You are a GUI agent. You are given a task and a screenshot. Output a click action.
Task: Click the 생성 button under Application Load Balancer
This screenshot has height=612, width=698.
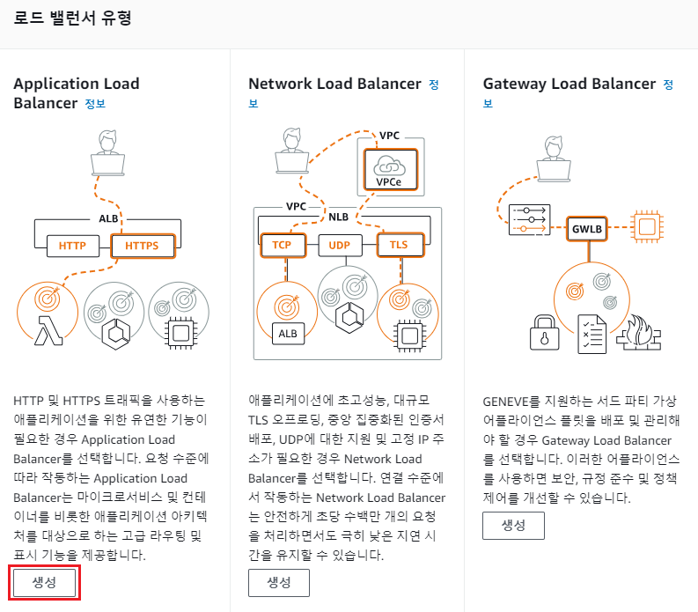click(45, 583)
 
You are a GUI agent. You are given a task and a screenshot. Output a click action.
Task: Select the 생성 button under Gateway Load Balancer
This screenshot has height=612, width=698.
click(513, 525)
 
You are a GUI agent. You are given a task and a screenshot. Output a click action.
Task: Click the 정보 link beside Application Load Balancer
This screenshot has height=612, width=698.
click(95, 104)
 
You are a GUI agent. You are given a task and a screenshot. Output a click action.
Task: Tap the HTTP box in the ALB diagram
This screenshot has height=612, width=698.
click(72, 245)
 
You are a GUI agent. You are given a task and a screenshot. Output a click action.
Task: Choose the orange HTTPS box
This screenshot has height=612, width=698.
click(143, 245)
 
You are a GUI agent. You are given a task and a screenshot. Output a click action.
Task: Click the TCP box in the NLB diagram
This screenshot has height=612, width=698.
click(282, 245)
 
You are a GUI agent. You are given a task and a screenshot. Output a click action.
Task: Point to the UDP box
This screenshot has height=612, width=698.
click(340, 245)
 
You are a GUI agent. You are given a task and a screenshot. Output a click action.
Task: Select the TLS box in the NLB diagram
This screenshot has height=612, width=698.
click(398, 245)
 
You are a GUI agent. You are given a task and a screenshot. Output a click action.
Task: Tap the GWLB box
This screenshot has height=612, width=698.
click(586, 228)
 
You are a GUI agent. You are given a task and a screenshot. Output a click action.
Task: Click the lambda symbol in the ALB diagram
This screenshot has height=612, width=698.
click(46, 332)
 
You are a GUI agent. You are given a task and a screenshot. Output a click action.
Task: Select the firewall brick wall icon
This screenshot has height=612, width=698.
click(639, 333)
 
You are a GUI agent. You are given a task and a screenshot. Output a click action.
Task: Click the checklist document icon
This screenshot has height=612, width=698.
click(591, 333)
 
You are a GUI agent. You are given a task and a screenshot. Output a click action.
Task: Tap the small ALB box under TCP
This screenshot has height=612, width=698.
click(288, 333)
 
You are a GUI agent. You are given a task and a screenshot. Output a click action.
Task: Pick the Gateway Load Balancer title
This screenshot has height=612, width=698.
click(569, 85)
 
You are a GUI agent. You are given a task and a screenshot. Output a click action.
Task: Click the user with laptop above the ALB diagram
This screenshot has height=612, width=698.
click(108, 155)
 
